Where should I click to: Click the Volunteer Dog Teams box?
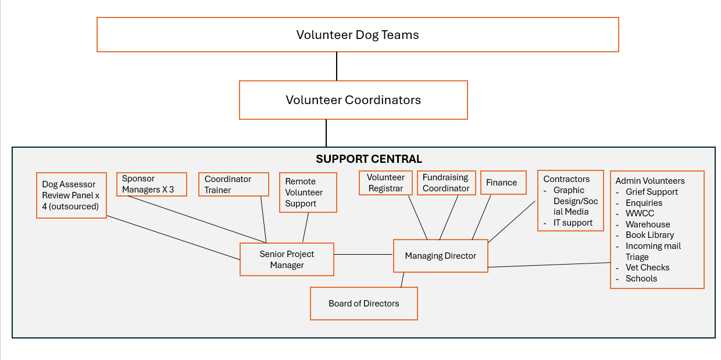coord(358,35)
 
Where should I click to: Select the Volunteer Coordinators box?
coord(353,100)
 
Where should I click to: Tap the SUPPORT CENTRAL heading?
coord(369,159)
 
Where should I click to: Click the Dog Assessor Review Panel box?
coord(71,195)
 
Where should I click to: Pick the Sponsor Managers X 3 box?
coord(151,184)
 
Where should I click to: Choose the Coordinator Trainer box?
coord(233,184)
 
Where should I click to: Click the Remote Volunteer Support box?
coord(308,193)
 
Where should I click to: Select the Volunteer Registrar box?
coord(386,183)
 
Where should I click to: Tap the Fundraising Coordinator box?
coord(446,183)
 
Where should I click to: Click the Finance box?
coord(502,183)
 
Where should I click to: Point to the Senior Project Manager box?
coord(287,259)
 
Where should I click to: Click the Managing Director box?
coord(440,256)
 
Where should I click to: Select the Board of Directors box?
coord(364,304)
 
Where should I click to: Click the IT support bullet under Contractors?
coord(573,223)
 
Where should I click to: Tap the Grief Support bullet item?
coord(652,192)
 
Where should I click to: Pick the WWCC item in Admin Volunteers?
coord(640,213)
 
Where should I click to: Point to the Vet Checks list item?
coord(647,268)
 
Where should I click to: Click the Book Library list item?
coord(649,235)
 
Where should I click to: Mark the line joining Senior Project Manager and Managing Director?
coord(363,254)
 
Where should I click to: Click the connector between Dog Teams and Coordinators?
coord(337,66)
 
